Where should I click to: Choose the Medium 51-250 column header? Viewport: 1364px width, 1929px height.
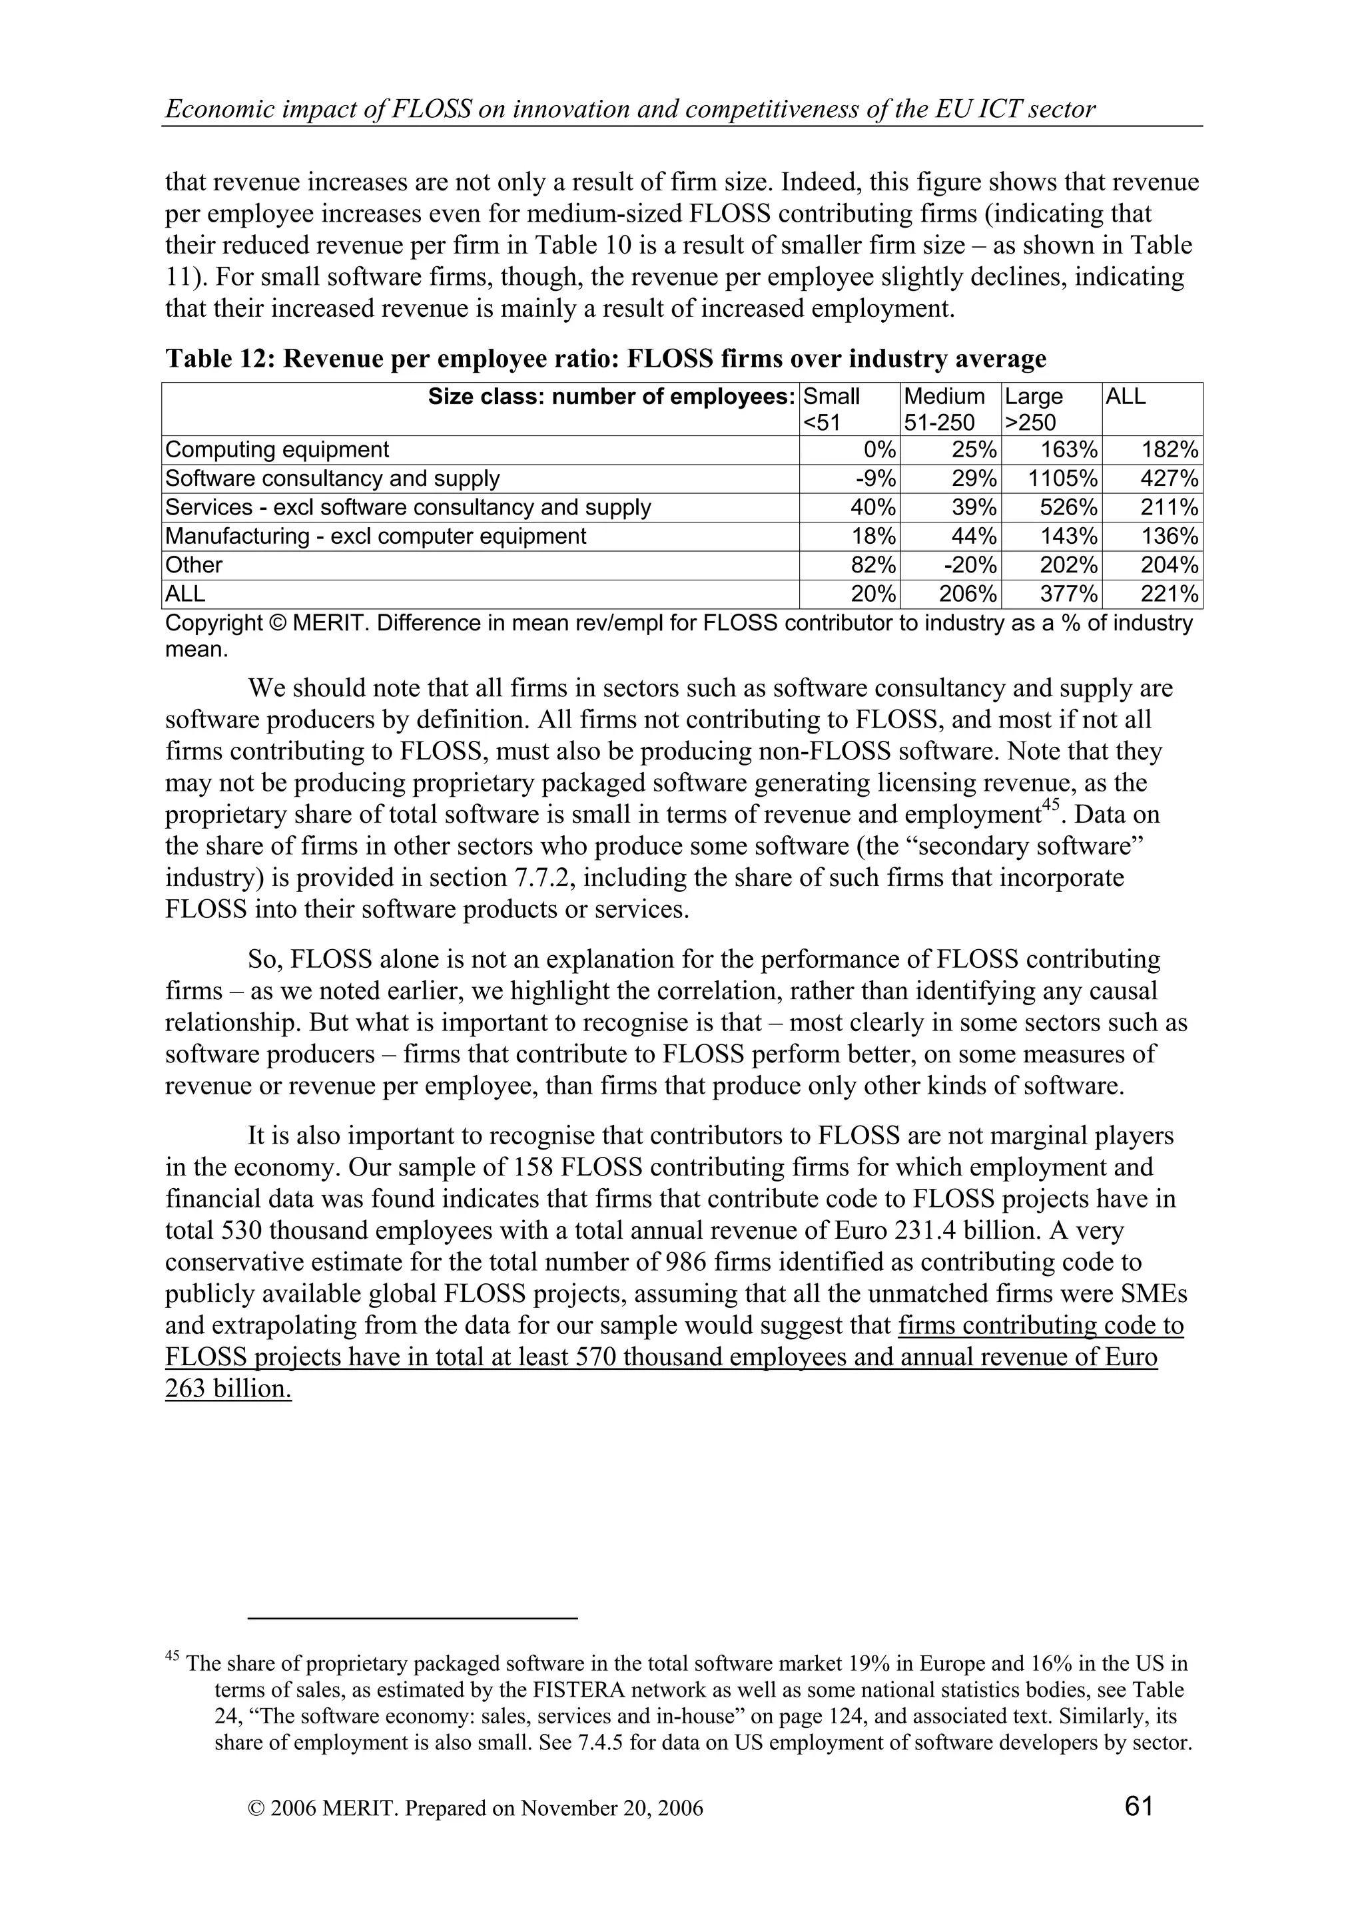pos(944,409)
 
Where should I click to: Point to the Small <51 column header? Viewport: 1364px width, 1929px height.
pos(831,409)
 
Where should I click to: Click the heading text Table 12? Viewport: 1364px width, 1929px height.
pos(219,359)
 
